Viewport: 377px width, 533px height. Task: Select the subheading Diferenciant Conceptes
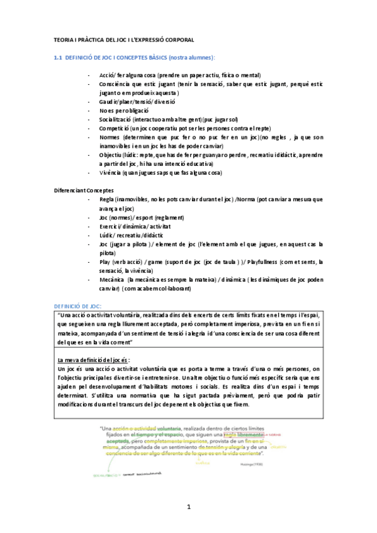pyautogui.click(x=82, y=190)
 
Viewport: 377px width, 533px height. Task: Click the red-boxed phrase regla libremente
pyautogui.click(x=244, y=435)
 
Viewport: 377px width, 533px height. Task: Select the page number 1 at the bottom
pyautogui.click(x=188, y=507)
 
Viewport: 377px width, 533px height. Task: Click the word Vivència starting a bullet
pyautogui.click(x=110, y=172)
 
